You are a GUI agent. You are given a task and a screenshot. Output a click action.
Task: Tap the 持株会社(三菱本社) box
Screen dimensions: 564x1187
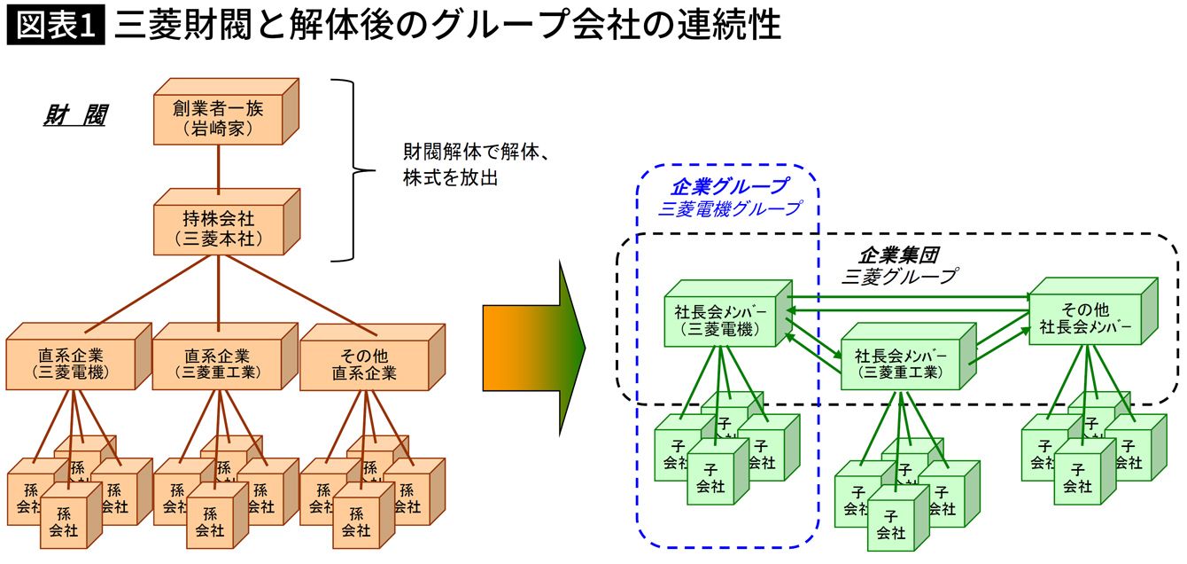218,228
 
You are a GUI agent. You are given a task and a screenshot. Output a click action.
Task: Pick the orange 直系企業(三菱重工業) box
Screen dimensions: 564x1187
217,364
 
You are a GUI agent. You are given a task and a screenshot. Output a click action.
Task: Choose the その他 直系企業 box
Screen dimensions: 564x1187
364,364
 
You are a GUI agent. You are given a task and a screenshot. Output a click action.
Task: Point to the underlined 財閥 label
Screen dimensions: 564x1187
74,116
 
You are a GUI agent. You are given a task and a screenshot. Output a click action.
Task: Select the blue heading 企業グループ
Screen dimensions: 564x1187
728,186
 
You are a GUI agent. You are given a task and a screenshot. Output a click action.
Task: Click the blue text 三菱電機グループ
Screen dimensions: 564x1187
728,209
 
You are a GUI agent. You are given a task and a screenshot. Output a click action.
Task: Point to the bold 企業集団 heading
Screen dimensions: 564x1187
898,255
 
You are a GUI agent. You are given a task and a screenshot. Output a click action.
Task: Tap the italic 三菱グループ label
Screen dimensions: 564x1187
898,276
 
